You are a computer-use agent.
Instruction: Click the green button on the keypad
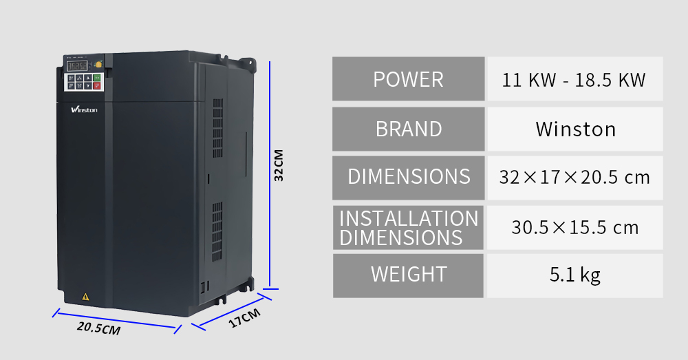coord(97,78)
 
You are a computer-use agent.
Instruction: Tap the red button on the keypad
coord(97,86)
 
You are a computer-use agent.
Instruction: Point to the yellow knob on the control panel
coord(98,65)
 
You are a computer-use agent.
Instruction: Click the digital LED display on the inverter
coord(77,66)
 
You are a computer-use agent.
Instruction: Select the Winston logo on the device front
coord(84,109)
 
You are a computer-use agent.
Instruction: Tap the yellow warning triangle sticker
coord(85,297)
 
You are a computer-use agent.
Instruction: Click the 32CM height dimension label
coord(279,165)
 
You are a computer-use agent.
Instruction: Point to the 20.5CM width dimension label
coord(98,328)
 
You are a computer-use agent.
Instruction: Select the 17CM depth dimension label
coord(244,318)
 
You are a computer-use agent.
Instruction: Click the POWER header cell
coord(409,78)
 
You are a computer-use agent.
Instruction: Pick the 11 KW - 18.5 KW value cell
coord(575,78)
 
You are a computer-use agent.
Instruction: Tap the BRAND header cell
coord(409,129)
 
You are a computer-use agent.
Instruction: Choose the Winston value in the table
coord(575,129)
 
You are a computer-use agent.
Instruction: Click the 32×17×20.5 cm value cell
coord(575,178)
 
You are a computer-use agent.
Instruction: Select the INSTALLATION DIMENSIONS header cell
coord(409,227)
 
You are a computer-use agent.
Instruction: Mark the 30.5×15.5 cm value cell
coord(575,227)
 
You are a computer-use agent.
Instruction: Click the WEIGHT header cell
coord(409,276)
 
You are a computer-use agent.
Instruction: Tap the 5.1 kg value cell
coord(575,276)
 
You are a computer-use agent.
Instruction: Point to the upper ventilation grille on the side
coord(217,128)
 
